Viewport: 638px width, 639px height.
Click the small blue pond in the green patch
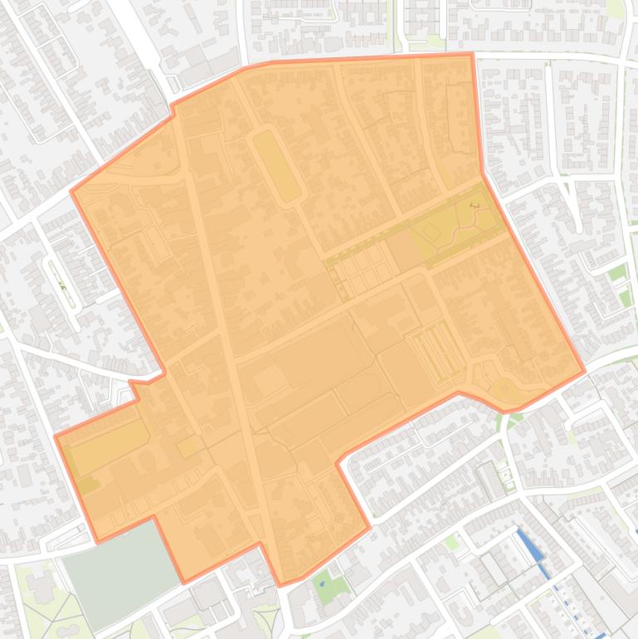click(x=323, y=583)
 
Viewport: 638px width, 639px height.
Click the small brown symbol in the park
click(x=475, y=205)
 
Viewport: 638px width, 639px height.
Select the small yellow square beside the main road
click(x=189, y=446)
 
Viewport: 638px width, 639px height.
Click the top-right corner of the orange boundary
click(x=472, y=55)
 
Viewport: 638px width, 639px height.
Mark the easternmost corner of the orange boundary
click(x=585, y=370)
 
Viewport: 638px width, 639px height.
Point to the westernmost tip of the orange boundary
click(x=55, y=436)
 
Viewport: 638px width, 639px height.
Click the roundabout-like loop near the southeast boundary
click(x=504, y=388)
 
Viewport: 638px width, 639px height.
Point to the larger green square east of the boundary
click(x=616, y=273)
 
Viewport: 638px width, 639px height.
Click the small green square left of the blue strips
click(x=451, y=543)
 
